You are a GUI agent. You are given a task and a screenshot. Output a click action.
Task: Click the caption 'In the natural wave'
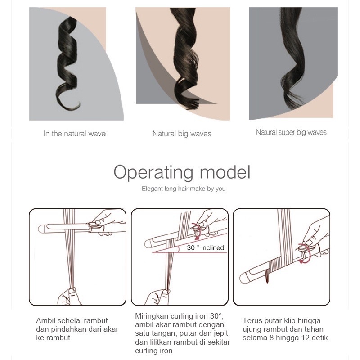tap(75, 134)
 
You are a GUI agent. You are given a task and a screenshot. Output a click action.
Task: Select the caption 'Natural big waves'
tap(182, 134)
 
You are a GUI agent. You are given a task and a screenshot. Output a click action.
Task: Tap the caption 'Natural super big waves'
tap(291, 132)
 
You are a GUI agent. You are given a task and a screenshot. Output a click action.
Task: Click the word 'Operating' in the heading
tap(153, 173)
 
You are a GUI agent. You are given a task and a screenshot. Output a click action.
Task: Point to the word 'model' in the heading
tap(225, 172)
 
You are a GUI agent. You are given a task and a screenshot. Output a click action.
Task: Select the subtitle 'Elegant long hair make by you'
tap(184, 189)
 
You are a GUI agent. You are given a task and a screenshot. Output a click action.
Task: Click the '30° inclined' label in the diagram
tap(206, 247)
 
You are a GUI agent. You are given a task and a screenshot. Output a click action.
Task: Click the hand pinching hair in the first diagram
tap(69, 296)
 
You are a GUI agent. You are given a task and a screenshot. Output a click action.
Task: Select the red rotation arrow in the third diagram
tap(305, 254)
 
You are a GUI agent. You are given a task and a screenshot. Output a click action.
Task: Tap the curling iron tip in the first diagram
tap(41, 229)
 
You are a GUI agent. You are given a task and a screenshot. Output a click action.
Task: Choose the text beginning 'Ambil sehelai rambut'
tap(77, 329)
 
